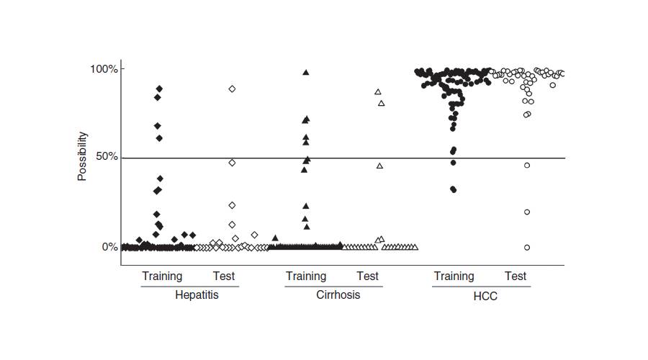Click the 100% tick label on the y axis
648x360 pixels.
click(x=104, y=69)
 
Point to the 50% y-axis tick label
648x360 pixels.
click(x=107, y=158)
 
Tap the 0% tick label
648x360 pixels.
click(x=109, y=247)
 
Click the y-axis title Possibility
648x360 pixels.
click(x=82, y=156)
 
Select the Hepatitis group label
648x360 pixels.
click(x=197, y=295)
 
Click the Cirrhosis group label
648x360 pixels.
click(x=338, y=295)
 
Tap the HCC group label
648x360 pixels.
click(x=486, y=296)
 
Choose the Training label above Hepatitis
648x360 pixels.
click(x=162, y=276)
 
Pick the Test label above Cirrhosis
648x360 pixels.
click(x=367, y=276)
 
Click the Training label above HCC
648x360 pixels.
click(x=454, y=276)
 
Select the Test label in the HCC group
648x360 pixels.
click(x=516, y=276)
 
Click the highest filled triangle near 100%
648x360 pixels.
click(x=306, y=73)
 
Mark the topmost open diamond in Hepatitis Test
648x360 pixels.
click(x=232, y=89)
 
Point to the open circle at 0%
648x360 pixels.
click(x=527, y=247)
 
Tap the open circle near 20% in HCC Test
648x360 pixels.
click(x=527, y=212)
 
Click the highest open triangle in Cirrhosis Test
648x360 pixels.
click(x=378, y=92)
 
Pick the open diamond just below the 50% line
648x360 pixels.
click(x=232, y=163)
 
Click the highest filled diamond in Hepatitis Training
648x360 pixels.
click(x=160, y=89)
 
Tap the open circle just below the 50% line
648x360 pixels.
click(x=527, y=165)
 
